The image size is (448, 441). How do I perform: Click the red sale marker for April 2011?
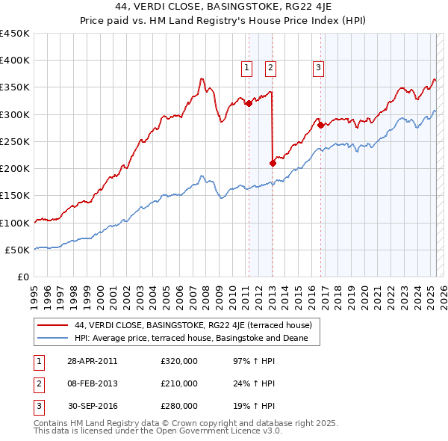pyautogui.click(x=249, y=104)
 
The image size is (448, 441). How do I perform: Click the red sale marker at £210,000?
pyautogui.click(x=273, y=163)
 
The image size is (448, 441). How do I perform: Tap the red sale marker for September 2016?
pyautogui.click(x=320, y=126)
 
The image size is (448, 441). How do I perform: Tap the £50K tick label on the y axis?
pyautogui.click(x=18, y=250)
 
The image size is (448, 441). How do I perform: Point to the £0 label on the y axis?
pyautogui.click(x=24, y=277)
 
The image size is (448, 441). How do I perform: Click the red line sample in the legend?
pyautogui.click(x=52, y=326)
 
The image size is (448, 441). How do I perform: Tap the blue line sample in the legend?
pyautogui.click(x=52, y=339)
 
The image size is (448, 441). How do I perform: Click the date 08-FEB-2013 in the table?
pyautogui.click(x=93, y=383)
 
